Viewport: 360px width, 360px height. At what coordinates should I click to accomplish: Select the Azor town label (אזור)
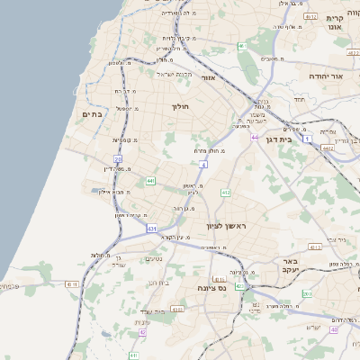(x=209, y=77)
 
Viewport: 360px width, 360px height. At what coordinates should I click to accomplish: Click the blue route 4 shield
(x=204, y=165)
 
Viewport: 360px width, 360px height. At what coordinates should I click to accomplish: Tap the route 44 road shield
(x=255, y=138)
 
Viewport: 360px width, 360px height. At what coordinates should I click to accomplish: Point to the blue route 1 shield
(x=307, y=139)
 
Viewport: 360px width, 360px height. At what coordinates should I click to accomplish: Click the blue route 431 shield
(x=152, y=229)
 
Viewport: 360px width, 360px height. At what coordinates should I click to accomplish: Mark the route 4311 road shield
(x=73, y=283)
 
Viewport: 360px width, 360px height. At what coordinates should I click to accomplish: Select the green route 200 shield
(x=307, y=292)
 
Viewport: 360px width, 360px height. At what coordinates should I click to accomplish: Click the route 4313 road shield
(x=219, y=280)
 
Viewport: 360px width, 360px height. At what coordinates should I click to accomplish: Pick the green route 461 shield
(x=241, y=46)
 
